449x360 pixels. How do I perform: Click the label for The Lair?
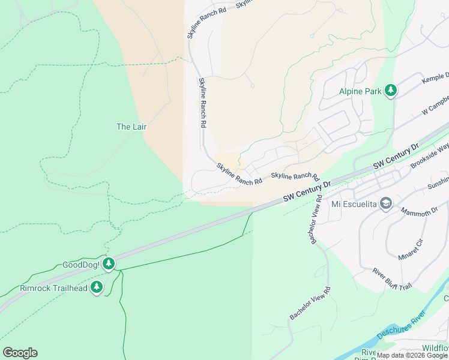131,127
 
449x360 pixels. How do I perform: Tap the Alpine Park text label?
360,91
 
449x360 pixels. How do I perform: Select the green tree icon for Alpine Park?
391,91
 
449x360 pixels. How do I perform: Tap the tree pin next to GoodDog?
109,264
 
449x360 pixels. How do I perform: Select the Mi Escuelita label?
354,203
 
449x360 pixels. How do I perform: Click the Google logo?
20,352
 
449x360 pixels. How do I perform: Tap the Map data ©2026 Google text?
412,355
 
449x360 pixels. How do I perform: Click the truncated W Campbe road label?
435,107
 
